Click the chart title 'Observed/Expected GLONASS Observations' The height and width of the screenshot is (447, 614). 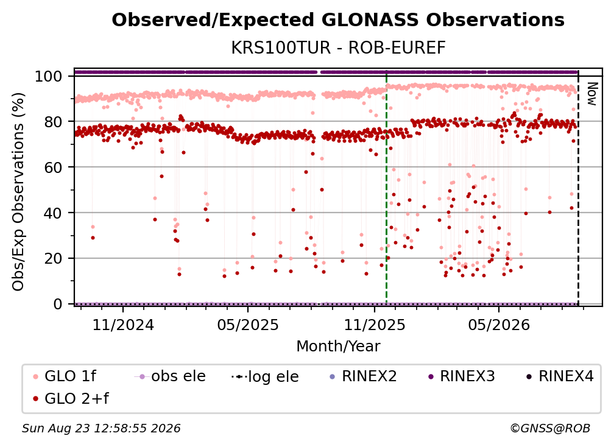click(x=338, y=20)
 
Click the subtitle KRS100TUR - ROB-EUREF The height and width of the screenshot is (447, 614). click(x=338, y=48)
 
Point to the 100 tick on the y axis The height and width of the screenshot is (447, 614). click(x=49, y=76)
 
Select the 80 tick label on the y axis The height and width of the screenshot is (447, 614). click(x=53, y=122)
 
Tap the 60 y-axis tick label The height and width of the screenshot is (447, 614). click(x=53, y=167)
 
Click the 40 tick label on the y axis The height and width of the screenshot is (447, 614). click(x=53, y=213)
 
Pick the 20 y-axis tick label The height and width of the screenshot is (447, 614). click(x=53, y=259)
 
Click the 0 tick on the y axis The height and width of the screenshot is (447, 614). click(x=58, y=304)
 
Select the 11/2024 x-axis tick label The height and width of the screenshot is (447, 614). click(x=123, y=325)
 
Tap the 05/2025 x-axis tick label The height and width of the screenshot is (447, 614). click(x=248, y=325)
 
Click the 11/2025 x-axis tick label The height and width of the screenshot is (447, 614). click(x=375, y=325)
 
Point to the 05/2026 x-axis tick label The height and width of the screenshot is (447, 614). click(x=499, y=325)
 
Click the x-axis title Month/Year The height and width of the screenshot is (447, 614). click(x=338, y=347)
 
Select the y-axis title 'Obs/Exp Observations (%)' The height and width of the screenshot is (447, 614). click(x=18, y=192)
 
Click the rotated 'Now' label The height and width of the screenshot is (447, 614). click(x=591, y=94)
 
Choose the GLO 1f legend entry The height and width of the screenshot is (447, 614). click(x=65, y=376)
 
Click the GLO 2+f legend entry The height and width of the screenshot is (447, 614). click(x=71, y=399)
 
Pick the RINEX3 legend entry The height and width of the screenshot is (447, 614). click(x=461, y=376)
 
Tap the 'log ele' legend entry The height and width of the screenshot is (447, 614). click(x=265, y=377)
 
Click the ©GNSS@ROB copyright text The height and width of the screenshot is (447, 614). click(x=550, y=429)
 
